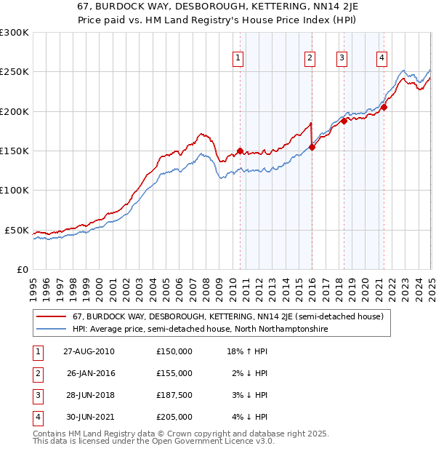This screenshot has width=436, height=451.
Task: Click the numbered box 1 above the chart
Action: tap(238, 59)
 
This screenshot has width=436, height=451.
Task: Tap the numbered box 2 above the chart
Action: tap(310, 59)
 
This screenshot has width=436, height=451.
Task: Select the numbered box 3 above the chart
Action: tap(342, 59)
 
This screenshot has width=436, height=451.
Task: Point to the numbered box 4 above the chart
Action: tap(381, 59)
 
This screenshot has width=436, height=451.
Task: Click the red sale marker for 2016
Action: tap(312, 147)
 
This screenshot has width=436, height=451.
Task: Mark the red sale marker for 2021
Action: tap(384, 108)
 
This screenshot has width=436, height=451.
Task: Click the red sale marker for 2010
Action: tap(240, 151)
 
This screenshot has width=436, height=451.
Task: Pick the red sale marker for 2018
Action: tap(344, 121)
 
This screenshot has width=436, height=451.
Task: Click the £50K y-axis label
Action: tap(17, 230)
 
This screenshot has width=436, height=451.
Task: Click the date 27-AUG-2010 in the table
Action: tap(89, 351)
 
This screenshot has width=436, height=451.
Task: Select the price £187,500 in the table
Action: tap(174, 395)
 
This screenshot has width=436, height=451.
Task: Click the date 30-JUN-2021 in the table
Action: tap(89, 417)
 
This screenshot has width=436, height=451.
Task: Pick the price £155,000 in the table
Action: tap(174, 373)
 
